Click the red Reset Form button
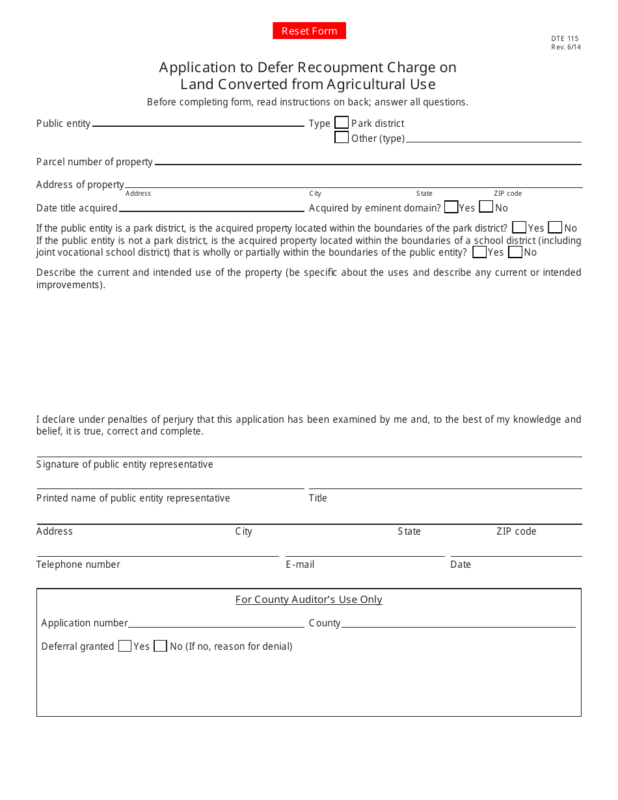tap(309, 31)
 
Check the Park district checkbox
tap(342, 122)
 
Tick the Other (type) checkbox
tap(342, 137)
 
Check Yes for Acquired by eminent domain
tap(451, 207)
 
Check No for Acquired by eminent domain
tap(486, 207)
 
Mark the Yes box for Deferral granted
tap(125, 646)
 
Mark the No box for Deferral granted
tap(161, 646)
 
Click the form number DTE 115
tap(565, 39)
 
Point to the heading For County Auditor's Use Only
tap(308, 600)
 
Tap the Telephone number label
tap(78, 565)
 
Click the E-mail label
tap(300, 565)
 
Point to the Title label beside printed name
tap(317, 498)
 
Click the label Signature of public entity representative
tap(125, 464)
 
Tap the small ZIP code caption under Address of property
tap(507, 193)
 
